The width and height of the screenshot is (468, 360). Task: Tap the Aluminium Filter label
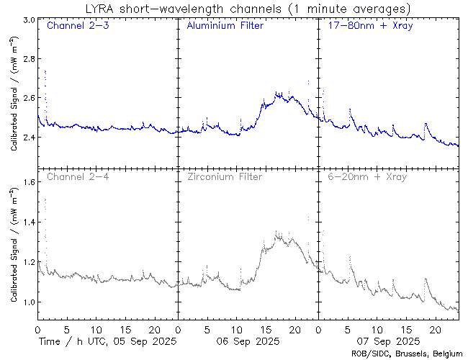coord(225,27)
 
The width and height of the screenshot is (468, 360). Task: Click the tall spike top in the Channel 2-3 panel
coord(45,71)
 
